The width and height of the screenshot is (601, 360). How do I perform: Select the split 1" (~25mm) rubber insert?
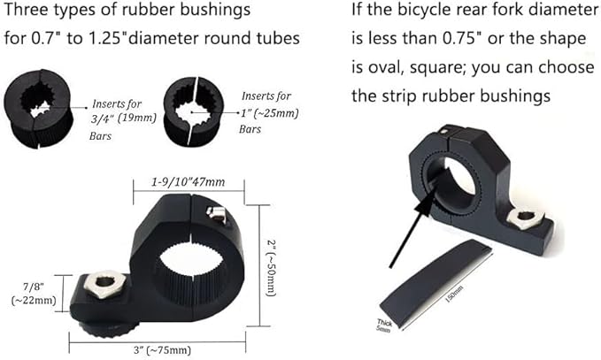193,111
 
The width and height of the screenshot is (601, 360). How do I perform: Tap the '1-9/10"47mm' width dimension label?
189,182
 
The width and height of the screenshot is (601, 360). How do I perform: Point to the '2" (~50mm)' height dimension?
271,268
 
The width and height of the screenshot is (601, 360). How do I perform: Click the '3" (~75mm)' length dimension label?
162,350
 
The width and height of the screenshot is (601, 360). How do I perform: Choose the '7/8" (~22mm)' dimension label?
34,294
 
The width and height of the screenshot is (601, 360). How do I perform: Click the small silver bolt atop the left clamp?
215,214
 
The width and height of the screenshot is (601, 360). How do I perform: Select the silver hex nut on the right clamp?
525,218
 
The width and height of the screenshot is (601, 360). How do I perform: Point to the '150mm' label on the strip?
454,295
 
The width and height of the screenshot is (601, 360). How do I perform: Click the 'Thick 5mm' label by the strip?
383,326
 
